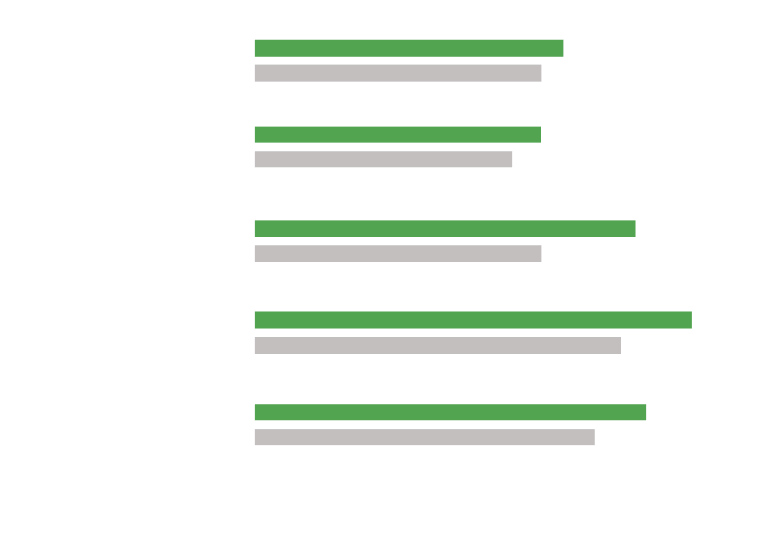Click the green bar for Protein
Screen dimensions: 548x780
point(408,48)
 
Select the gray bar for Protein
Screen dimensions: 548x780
point(397,73)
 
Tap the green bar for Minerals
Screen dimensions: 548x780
point(397,135)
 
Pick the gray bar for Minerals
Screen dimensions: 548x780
point(382,160)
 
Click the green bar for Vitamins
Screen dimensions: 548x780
point(444,229)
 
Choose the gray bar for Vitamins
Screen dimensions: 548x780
point(397,254)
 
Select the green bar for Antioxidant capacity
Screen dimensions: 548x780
point(472,320)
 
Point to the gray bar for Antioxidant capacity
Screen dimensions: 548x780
point(436,345)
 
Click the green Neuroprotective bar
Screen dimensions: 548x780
point(450,412)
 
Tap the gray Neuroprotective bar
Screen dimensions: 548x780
point(424,437)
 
